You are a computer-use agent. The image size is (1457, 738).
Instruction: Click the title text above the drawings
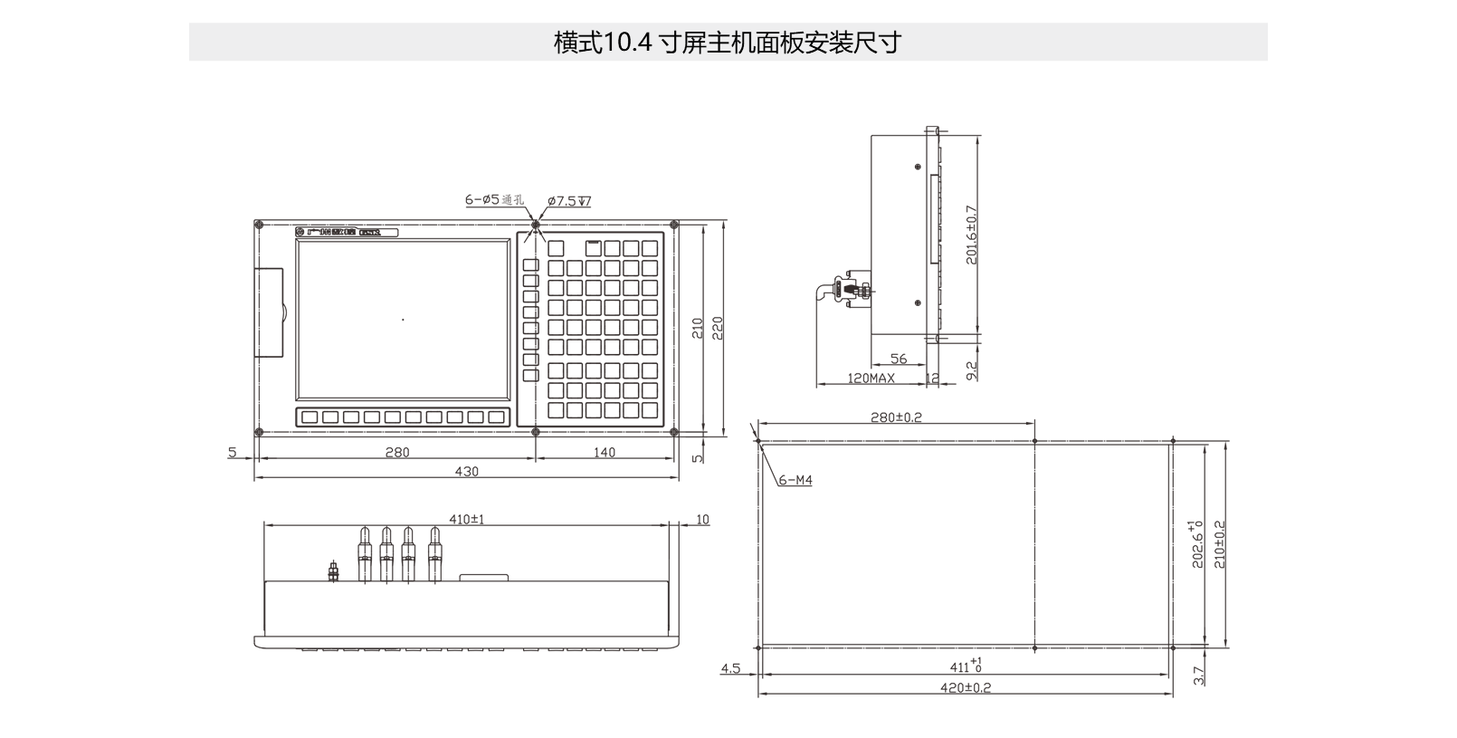(727, 43)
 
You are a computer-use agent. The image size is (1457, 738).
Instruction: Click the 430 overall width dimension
(467, 471)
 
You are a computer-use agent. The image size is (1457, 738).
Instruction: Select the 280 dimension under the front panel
(397, 452)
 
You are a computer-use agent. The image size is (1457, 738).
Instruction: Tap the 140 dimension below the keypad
(605, 452)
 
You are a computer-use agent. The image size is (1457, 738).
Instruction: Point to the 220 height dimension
(717, 327)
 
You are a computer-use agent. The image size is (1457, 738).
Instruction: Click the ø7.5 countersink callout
(569, 201)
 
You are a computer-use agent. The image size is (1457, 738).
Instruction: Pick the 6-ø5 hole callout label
(494, 199)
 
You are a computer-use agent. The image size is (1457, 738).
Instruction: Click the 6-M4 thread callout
(795, 480)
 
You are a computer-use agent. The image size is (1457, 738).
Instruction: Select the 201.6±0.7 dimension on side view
(972, 235)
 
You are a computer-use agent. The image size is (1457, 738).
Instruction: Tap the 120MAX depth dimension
(871, 378)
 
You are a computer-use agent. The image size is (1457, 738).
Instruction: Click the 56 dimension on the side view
(899, 359)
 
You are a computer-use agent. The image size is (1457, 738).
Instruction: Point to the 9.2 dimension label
(972, 369)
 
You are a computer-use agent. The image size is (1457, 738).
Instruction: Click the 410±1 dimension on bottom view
(467, 519)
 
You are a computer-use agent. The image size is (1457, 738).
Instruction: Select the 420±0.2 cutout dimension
(966, 687)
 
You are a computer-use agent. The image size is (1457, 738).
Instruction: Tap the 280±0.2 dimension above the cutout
(896, 417)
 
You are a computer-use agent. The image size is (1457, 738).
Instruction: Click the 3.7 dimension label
(1199, 676)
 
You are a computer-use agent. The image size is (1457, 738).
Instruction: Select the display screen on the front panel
(403, 319)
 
